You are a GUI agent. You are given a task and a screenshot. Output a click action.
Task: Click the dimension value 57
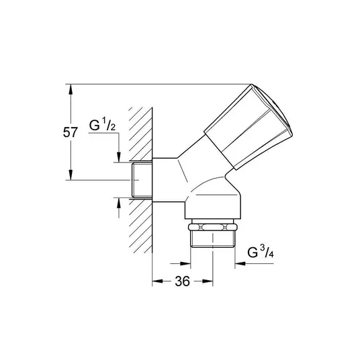(x=71, y=132)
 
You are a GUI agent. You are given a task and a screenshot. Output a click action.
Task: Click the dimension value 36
(x=183, y=281)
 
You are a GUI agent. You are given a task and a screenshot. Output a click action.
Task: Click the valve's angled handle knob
(x=249, y=127)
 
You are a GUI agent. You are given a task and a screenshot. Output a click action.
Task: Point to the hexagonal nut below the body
(x=213, y=227)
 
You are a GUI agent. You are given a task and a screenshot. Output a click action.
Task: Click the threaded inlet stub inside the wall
(x=142, y=179)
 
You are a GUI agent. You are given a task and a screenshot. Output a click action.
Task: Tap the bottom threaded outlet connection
(x=213, y=239)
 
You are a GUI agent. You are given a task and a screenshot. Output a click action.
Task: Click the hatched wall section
(x=140, y=180)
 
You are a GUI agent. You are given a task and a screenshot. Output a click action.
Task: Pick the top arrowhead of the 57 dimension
(x=71, y=89)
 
